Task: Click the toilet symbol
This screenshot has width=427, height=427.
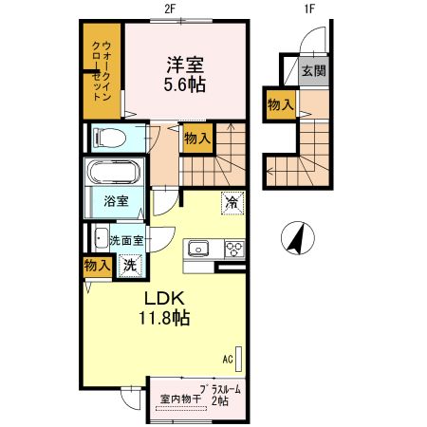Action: point(108,138)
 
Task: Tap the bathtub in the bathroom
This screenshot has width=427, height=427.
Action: point(114,172)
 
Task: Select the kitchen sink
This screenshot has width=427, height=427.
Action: point(198,248)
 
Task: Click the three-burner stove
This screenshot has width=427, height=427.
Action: point(234,249)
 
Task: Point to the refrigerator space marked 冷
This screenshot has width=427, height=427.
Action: point(232,203)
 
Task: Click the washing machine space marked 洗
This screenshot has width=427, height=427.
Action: point(130,266)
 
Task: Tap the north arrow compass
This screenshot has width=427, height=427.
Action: point(298,238)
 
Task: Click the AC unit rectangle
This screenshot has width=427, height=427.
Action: point(239,359)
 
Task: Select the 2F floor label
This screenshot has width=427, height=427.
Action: point(170,9)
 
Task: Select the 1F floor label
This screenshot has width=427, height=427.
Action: point(309,9)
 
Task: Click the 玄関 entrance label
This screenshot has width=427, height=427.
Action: point(313,71)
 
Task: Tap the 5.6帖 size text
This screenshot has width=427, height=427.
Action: point(185,84)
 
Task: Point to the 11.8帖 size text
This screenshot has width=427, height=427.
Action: point(164,318)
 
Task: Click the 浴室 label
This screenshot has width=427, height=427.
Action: point(117,201)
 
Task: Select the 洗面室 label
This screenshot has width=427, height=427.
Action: point(126,241)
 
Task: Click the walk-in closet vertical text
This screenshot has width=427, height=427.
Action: point(102,71)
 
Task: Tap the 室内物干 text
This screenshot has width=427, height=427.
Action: point(180,399)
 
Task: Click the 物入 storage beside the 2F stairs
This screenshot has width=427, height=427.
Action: point(197,139)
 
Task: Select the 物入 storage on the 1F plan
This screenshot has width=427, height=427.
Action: point(281,104)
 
